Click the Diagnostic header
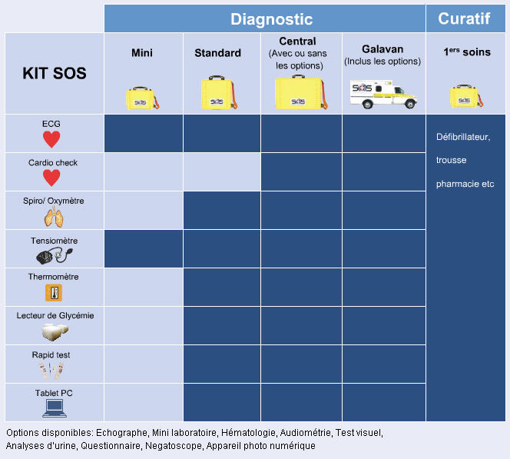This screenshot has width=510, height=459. (272, 19)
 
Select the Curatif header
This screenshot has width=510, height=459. (463, 18)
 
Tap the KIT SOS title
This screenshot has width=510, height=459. (54, 74)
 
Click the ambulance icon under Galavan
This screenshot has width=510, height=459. (382, 94)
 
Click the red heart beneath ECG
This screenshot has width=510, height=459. (51, 139)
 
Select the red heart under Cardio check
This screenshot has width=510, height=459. (51, 178)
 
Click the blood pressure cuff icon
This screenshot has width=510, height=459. (53, 255)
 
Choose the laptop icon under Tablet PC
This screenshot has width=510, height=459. (55, 407)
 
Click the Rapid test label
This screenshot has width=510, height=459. (54, 354)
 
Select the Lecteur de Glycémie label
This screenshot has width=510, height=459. (54, 315)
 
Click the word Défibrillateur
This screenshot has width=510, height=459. (462, 137)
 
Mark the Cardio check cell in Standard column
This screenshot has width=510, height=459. (221, 171)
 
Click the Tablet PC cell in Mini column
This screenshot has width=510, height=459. (143, 402)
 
